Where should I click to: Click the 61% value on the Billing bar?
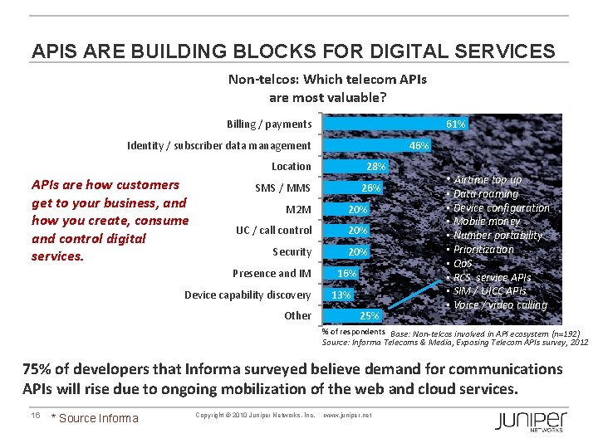[x=455, y=124]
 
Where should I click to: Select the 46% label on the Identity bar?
[x=419, y=146]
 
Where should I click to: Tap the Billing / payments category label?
[x=269, y=124]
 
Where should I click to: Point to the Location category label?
[x=291, y=167]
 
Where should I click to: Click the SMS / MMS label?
[x=282, y=188]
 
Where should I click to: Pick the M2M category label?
[x=298, y=209]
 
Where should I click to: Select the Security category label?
[x=292, y=252]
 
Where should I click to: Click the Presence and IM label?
[x=272, y=274]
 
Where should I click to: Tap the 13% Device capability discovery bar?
[x=339, y=295]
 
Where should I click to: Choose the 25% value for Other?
[x=369, y=316]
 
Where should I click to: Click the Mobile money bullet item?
[x=487, y=222]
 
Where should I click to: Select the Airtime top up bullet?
[x=488, y=180]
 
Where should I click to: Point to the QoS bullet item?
[x=463, y=264]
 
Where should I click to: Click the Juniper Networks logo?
[x=531, y=421]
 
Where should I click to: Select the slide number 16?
[x=36, y=415]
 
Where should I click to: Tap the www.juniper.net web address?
[x=347, y=415]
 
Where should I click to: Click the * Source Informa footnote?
[x=95, y=418]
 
